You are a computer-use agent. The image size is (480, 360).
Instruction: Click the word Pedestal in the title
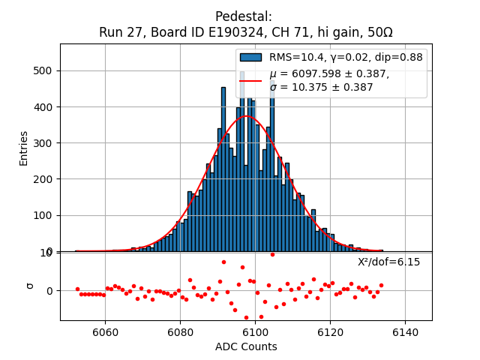pyautogui.click(x=244, y=16)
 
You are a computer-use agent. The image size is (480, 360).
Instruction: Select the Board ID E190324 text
pyautogui.click(x=207, y=32)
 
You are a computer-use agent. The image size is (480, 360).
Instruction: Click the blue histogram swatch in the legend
pyautogui.click(x=250, y=57)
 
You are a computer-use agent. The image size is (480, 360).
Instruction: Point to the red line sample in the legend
pyautogui.click(x=250, y=80)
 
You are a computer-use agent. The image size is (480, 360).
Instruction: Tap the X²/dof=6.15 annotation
pyautogui.click(x=388, y=262)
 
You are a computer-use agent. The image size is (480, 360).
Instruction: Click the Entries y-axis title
pyautogui.click(x=23, y=148)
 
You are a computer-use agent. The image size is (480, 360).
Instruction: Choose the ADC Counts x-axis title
pyautogui.click(x=246, y=346)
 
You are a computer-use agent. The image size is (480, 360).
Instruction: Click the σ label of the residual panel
pyautogui.click(x=30, y=286)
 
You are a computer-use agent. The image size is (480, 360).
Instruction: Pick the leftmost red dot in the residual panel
pyautogui.click(x=77, y=289)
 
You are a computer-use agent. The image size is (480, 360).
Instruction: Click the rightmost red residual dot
pyautogui.click(x=381, y=285)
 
